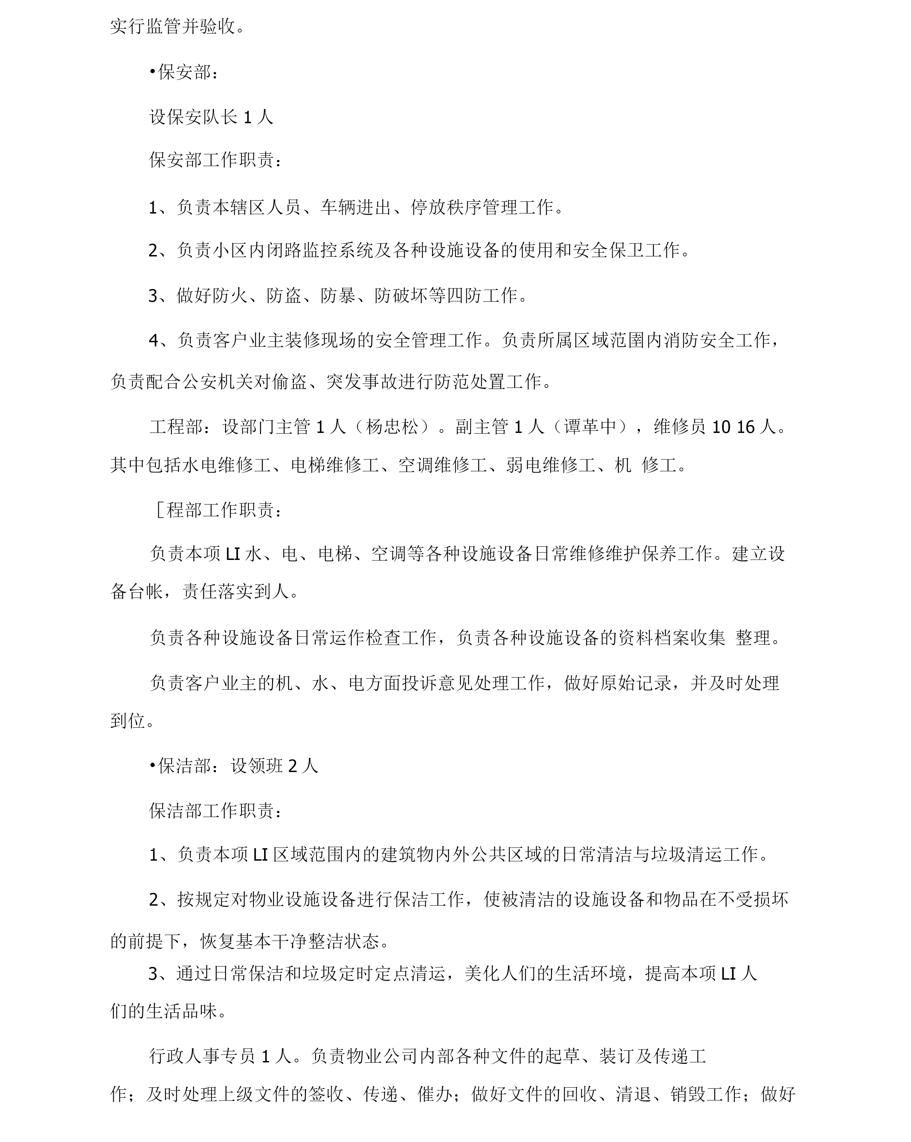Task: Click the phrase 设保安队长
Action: [193, 117]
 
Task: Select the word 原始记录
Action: [635, 683]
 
